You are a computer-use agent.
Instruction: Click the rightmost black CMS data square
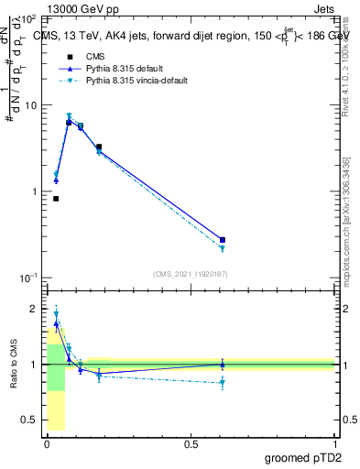click(223, 240)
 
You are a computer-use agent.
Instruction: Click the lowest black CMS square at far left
click(56, 199)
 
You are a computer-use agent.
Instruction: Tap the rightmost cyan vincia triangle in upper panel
click(223, 248)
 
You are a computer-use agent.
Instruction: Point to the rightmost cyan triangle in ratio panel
click(223, 383)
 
